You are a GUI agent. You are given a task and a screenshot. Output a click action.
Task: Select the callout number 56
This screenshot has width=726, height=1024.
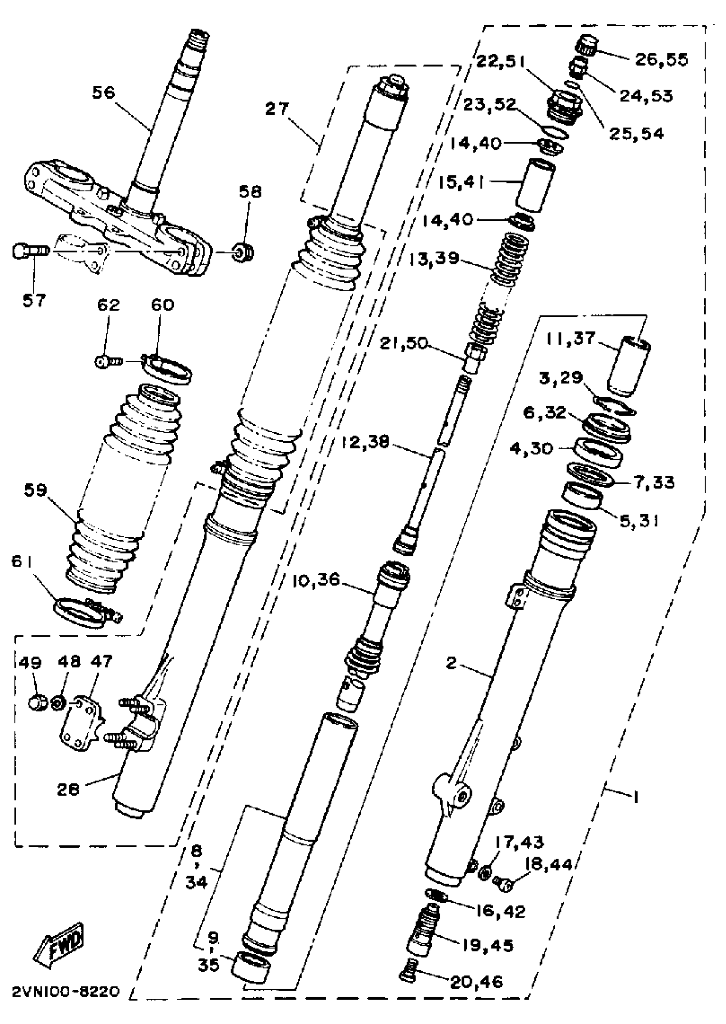[x=104, y=93]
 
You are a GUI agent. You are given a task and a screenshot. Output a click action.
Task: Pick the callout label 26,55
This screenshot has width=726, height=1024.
[x=662, y=60]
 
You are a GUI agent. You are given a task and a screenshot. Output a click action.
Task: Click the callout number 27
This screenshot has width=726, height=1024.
[x=277, y=108]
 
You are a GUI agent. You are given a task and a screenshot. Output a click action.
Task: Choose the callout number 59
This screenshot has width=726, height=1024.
[x=35, y=490]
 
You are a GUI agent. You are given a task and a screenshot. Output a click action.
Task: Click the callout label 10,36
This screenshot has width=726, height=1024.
[x=316, y=581]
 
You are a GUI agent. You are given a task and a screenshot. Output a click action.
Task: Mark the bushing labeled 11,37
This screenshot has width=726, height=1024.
[x=628, y=366]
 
